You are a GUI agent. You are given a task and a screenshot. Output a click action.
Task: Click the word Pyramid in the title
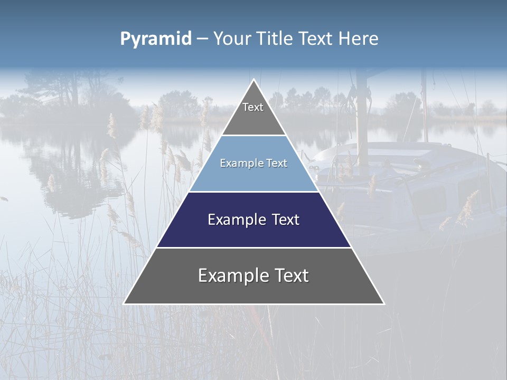(156, 39)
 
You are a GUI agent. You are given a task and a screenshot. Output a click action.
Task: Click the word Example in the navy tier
(232, 220)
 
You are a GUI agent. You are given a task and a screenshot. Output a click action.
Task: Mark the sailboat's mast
(362, 116)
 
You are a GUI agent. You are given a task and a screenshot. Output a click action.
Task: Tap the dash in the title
(202, 39)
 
